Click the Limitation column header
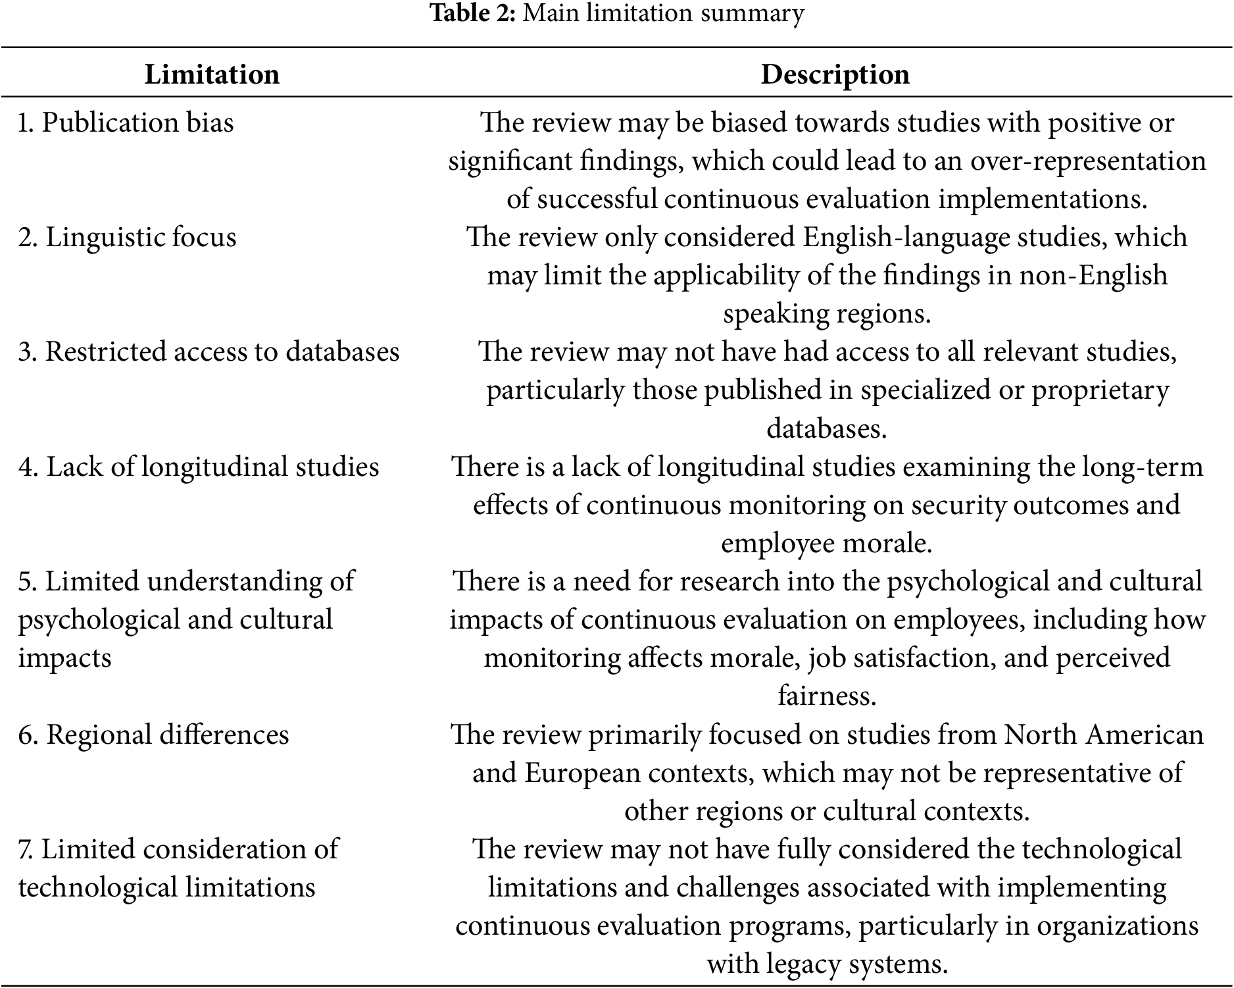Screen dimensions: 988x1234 pos(212,74)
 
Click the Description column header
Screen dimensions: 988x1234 pos(835,74)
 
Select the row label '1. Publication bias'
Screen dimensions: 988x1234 pos(126,123)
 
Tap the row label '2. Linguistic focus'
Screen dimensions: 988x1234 pos(127,238)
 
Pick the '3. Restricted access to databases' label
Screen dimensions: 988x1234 pos(209,352)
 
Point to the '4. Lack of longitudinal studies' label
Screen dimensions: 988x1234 pos(199,467)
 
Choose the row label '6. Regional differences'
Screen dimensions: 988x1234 pos(153,735)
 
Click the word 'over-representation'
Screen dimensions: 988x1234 pos(1088,161)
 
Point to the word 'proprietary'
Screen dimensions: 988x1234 pos(1100,390)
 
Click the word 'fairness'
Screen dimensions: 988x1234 pos(827,696)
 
